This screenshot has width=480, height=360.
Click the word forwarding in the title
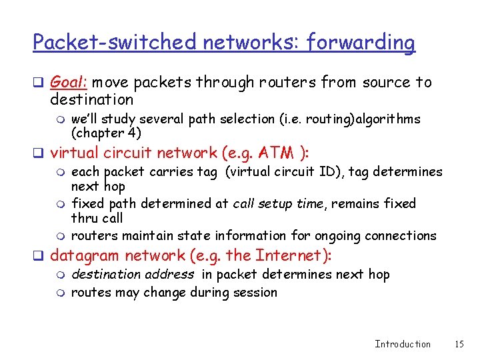tap(361, 43)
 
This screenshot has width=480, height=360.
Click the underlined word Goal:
tap(69, 82)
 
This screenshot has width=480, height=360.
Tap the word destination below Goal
tap(92, 99)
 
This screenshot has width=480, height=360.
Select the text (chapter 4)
tap(106, 133)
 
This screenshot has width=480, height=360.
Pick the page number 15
tap(459, 344)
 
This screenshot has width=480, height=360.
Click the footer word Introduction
tap(403, 344)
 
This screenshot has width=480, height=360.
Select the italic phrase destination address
tap(133, 274)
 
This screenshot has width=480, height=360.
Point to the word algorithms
tap(387, 119)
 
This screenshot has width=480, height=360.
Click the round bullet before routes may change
tap(61, 293)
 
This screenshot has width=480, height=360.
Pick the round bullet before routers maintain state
tap(61, 237)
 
